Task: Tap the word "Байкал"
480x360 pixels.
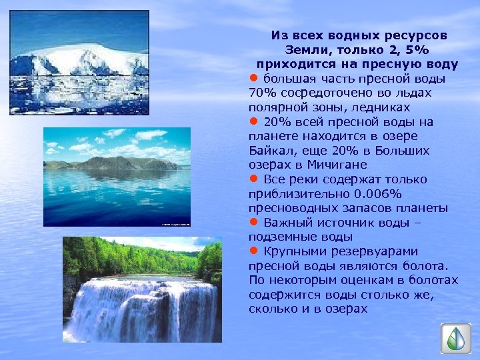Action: tap(271, 150)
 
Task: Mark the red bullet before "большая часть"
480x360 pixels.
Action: tap(253, 78)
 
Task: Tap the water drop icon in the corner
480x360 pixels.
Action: tap(455, 339)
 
